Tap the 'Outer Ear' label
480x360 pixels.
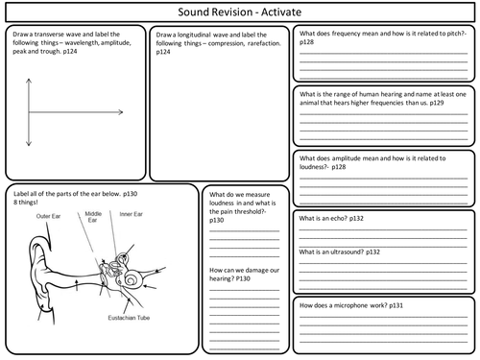click(50, 215)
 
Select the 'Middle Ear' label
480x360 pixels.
click(93, 217)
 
